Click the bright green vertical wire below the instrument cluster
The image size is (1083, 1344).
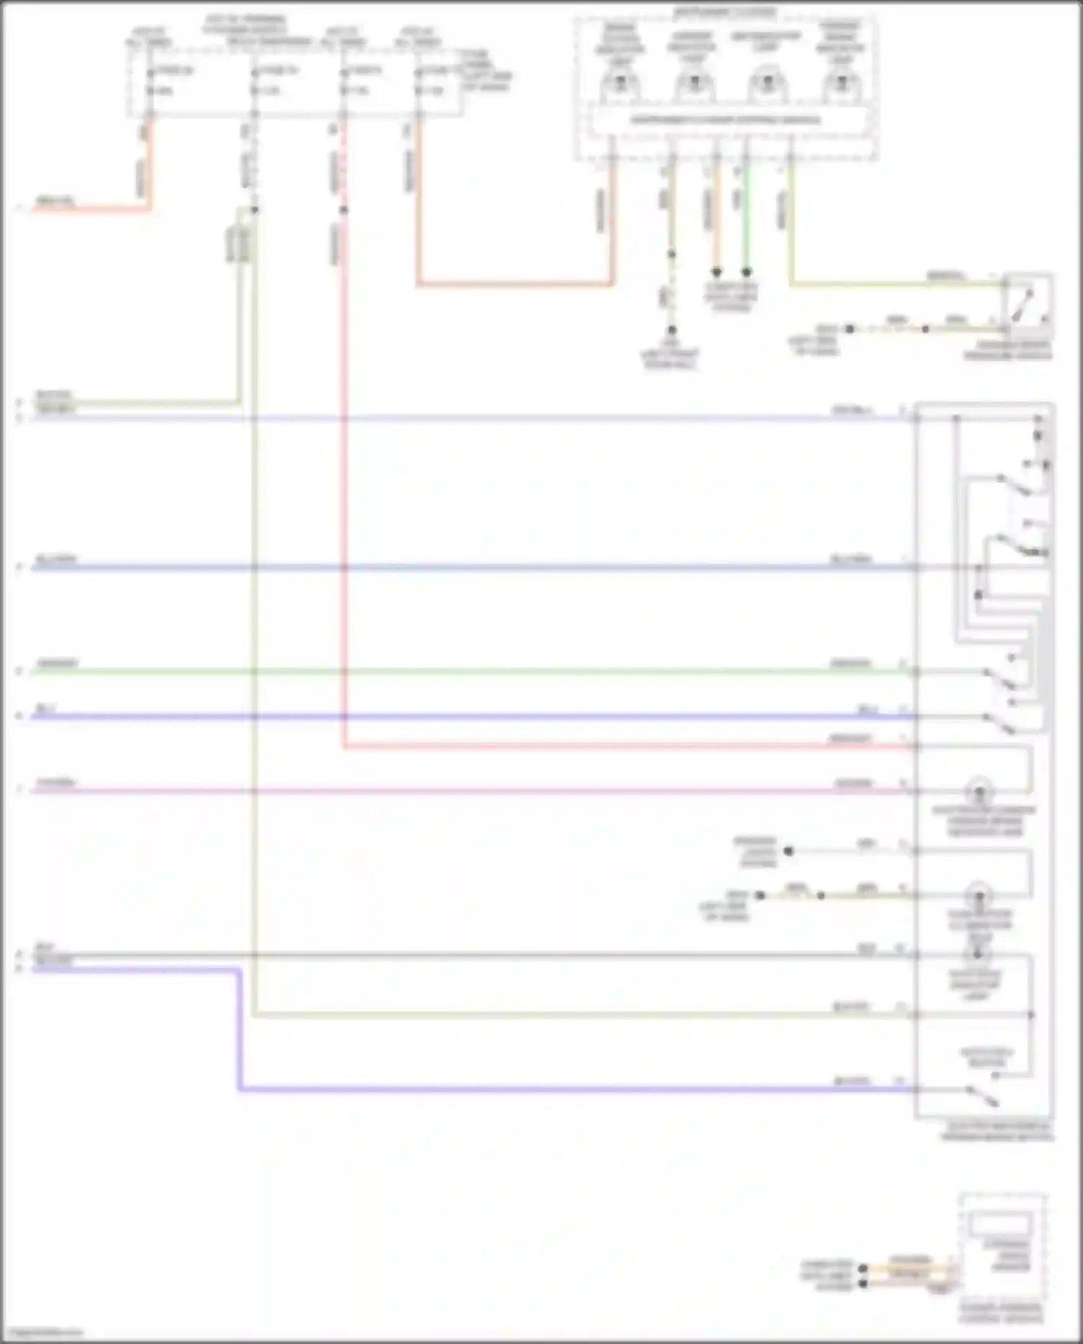coord(747,217)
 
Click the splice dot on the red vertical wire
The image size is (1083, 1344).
coord(344,210)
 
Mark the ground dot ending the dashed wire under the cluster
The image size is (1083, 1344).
coord(671,330)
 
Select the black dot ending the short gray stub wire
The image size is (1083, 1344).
coord(788,851)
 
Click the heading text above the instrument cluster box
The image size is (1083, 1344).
coord(724,13)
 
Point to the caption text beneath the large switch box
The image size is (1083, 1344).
coord(996,1132)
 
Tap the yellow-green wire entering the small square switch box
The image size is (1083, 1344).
coord(895,284)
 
